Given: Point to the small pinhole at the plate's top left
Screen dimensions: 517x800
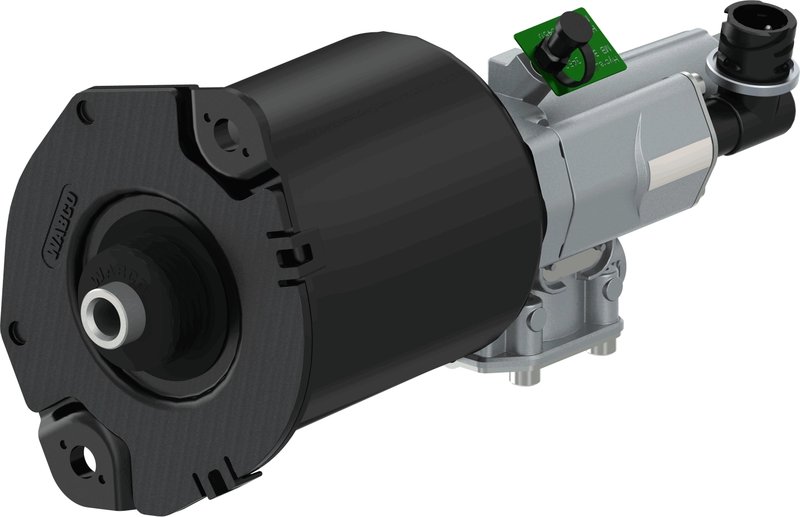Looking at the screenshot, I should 84,113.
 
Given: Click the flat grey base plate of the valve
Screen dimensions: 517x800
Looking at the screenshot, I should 560,355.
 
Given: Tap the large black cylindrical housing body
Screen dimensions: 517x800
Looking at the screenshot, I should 400,200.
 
